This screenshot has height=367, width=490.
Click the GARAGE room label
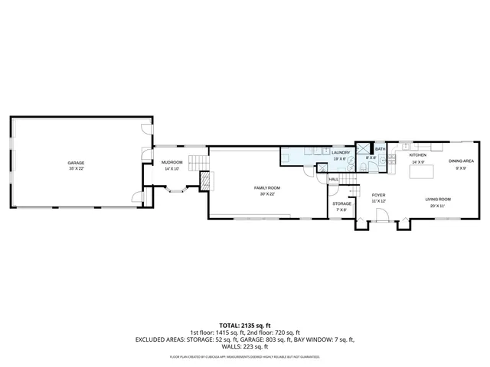point(76,162)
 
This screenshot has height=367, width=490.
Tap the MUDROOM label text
point(171,162)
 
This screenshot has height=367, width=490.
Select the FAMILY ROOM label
point(268,187)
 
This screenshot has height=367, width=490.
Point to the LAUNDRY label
point(341,152)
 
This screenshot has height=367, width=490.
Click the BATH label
point(380,149)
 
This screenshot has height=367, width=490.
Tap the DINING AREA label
point(461,161)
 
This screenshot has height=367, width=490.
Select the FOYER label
point(378,195)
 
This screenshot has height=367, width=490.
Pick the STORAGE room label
point(341,203)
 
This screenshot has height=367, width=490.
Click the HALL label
point(334,179)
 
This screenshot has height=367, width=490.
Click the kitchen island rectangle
point(421,173)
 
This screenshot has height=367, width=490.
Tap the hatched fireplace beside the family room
point(204,181)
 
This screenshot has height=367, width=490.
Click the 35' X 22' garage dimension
point(76,168)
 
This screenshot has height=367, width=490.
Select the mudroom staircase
point(198,162)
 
